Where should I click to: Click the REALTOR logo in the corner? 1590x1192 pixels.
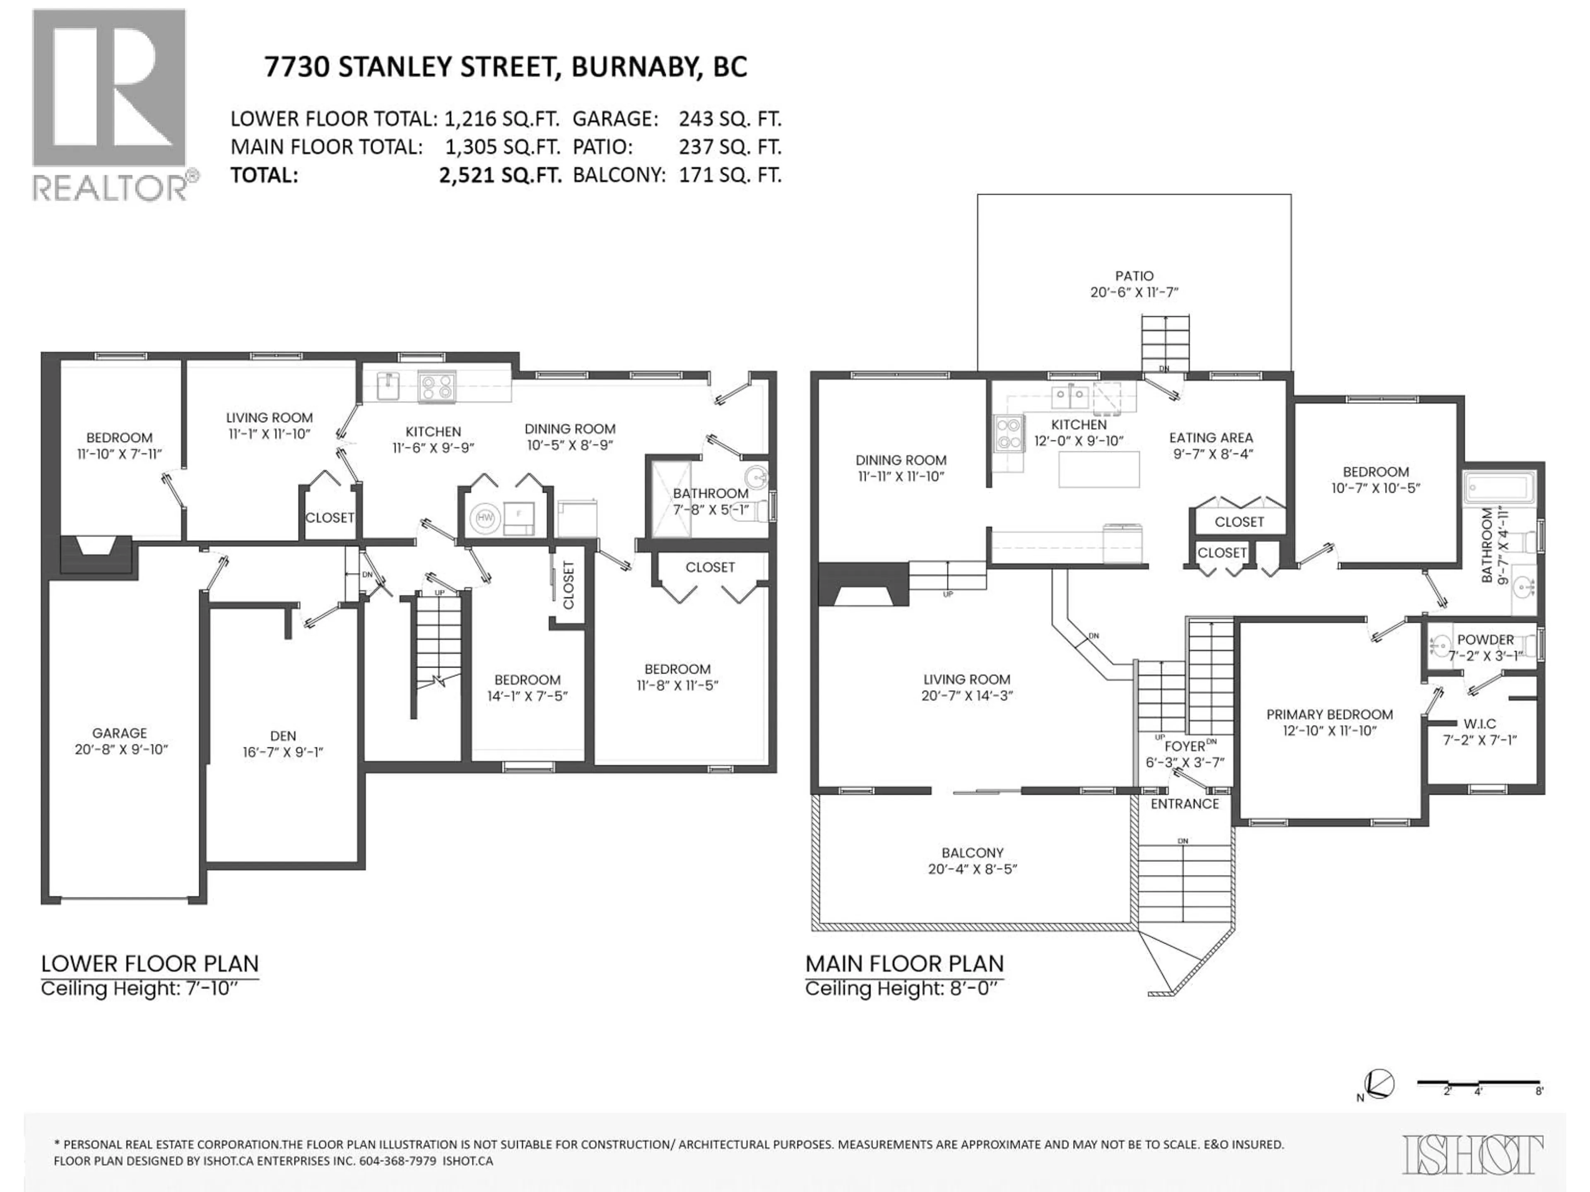click(x=111, y=104)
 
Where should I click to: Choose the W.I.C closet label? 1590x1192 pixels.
click(x=1479, y=731)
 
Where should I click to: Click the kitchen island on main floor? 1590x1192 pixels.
click(x=1099, y=469)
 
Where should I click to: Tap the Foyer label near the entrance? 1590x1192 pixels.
click(x=1185, y=753)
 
